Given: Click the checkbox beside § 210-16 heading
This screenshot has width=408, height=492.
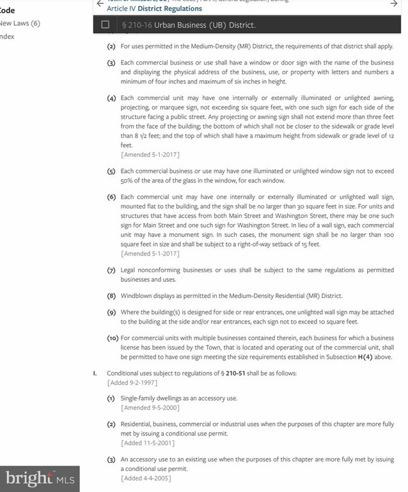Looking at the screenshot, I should coord(106,25).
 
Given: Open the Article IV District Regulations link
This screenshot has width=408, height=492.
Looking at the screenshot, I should coord(154,9).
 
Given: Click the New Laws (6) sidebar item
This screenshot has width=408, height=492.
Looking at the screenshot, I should coord(20,23).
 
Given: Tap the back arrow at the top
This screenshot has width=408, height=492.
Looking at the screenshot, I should coord(100,3).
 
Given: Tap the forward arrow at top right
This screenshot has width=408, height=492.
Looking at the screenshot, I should coord(395,3).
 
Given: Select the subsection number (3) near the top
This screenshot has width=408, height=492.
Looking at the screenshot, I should coord(111,63).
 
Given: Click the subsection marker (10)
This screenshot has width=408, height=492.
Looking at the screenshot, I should coord(113,338).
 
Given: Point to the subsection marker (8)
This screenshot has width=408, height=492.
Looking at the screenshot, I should coord(111,295).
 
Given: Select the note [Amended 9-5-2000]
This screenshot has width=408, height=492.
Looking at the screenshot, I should coord(150,407).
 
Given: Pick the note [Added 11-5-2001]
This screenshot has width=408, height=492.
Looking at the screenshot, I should coord(148,443).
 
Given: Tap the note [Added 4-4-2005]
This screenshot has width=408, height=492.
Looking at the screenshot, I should coord(146,478).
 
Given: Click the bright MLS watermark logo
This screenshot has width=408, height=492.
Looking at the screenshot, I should coord(39,478).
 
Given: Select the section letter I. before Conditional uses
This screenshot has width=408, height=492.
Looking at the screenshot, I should coord(95,373).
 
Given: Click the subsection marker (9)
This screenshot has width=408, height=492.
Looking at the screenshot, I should coord(111,311).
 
